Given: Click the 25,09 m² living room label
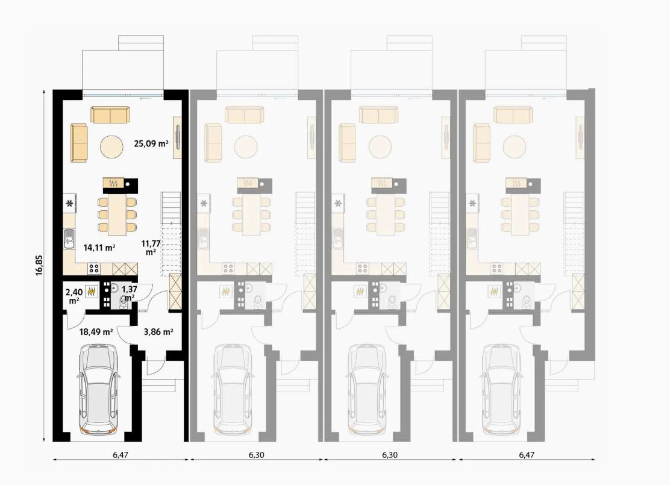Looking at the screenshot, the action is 151,143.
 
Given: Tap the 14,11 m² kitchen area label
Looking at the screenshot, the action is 99,248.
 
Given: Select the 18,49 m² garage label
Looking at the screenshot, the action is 96,331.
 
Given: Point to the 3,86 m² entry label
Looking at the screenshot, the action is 158,331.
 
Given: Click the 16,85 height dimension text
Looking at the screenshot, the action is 39,265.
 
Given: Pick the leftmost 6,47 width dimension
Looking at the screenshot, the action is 121,455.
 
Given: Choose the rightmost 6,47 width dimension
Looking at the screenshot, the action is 527,455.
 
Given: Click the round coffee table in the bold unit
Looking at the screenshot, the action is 112,148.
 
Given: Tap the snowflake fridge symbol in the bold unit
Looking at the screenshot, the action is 69,204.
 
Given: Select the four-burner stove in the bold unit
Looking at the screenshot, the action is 94,268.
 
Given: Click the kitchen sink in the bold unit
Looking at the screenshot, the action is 69,239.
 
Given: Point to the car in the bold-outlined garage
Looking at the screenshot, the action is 98,389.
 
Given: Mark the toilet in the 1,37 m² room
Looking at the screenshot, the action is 124,301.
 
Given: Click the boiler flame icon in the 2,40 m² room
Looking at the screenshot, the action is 92,292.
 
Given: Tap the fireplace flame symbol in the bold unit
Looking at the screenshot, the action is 114,183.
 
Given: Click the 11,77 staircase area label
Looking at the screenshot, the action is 151,248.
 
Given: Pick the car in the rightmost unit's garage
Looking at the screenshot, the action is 501,389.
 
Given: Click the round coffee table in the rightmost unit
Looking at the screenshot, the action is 515,148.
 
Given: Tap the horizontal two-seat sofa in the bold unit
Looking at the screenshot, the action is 110,115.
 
